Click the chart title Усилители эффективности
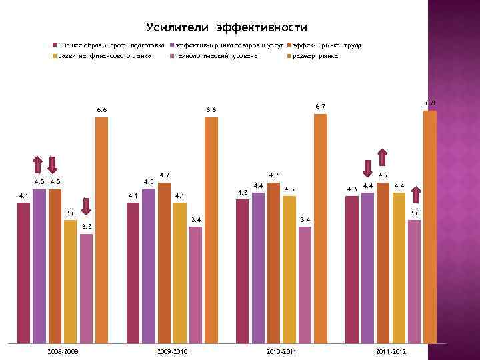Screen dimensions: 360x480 (x=226, y=27)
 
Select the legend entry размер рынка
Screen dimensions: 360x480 (x=313, y=56)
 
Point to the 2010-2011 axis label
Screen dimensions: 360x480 (x=281, y=351)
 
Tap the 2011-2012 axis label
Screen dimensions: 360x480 (x=391, y=351)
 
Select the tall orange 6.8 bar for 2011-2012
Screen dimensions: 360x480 (x=430, y=227)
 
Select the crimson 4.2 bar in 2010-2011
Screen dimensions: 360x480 (x=243, y=271)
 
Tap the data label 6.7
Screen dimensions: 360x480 (x=320, y=107)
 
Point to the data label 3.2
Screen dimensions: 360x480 (x=86, y=227)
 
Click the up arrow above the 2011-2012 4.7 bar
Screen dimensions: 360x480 (x=383, y=156)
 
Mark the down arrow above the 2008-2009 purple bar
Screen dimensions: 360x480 (x=38, y=164)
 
